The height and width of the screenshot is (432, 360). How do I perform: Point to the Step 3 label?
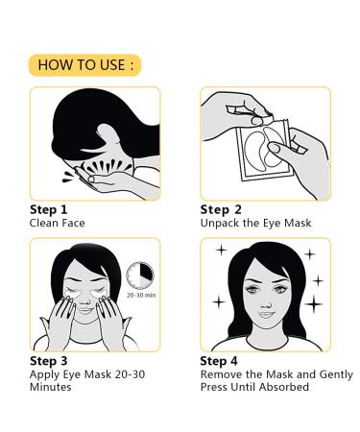[x=51, y=361]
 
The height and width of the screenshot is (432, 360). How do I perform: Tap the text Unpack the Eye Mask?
[x=256, y=223]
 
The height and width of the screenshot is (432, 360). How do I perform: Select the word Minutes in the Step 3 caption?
[x=51, y=387]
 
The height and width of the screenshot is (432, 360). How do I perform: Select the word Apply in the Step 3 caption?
[x=47, y=374]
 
